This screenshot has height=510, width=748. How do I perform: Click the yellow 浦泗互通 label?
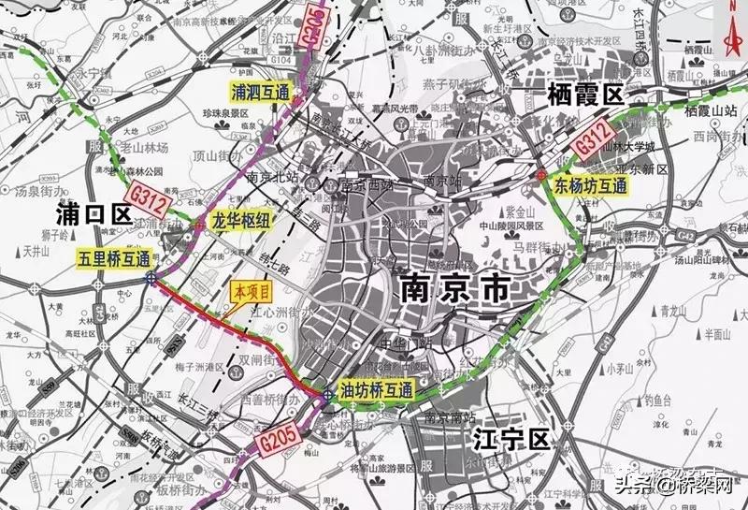[263, 92]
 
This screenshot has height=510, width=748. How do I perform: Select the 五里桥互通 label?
[114, 257]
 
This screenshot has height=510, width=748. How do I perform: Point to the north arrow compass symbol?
[732, 26]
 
